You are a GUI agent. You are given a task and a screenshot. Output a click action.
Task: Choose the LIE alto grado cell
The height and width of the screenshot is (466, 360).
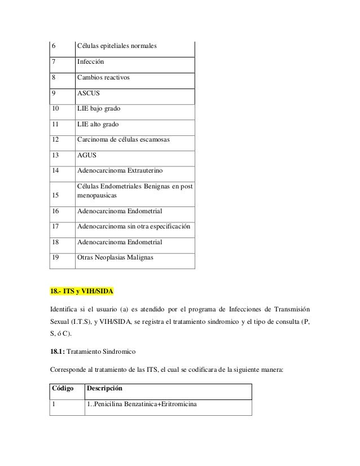point(98,124)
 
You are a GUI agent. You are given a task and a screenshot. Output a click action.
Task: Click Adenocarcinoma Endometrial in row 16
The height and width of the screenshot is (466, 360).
point(120,211)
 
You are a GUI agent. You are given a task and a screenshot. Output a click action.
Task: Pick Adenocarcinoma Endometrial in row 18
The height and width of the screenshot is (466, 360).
point(120,242)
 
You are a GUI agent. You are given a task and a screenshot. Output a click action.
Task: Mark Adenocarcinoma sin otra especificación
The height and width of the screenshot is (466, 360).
point(134,227)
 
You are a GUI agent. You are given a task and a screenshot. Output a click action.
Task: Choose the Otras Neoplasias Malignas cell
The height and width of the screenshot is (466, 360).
point(117,258)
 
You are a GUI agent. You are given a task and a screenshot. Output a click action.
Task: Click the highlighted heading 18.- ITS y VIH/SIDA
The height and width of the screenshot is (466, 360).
point(82,291)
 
